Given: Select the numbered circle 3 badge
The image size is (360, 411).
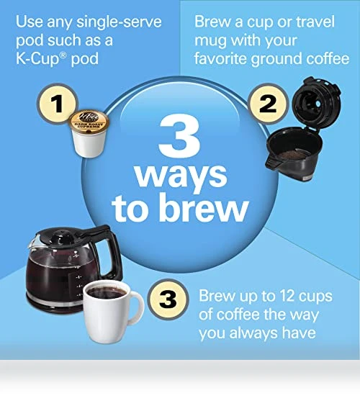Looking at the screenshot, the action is point(168,299).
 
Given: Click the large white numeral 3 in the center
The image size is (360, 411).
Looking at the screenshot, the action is point(181,136).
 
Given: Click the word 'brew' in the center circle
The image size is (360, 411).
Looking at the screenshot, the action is point(203,207).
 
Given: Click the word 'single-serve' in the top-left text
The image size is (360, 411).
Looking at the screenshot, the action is point(119,22).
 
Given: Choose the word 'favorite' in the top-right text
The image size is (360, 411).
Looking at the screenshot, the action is point(220,58).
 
